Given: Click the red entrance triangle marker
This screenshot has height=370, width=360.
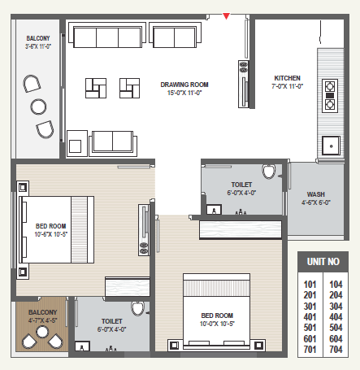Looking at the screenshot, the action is click(226, 16).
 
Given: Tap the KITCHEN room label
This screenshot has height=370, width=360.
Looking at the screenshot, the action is click(287, 78).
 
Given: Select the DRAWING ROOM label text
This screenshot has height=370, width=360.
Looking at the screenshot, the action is click(184, 85).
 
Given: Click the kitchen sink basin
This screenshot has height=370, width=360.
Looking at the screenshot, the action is click(331, 146).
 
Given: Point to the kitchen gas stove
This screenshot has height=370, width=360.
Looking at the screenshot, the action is click(330, 96).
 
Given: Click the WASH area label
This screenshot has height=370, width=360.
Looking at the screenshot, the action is click(316, 194).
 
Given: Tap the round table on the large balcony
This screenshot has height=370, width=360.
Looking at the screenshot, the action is click(38, 107).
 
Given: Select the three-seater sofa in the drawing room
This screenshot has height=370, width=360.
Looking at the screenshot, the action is click(107, 35).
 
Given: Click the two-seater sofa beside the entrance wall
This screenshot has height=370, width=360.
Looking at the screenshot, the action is click(175, 35).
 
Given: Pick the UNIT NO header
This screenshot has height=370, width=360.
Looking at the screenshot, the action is click(323, 262).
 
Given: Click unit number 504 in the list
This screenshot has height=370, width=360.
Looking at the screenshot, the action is click(336, 328).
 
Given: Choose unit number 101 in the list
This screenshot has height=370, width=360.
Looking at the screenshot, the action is click(310, 285).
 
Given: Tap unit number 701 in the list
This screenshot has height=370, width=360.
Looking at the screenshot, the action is click(310, 350).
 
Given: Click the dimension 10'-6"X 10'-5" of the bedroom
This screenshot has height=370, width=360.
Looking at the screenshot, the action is click(50, 234).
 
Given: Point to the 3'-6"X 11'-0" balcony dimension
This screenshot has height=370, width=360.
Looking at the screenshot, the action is click(38, 46).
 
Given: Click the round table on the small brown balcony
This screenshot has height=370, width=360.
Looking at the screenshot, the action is click(42, 332).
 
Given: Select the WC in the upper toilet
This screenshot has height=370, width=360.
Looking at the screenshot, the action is click(269, 172).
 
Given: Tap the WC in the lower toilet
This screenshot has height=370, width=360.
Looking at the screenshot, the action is click(137, 308).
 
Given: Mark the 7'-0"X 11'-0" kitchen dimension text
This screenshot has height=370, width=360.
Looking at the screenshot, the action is click(287, 86).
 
